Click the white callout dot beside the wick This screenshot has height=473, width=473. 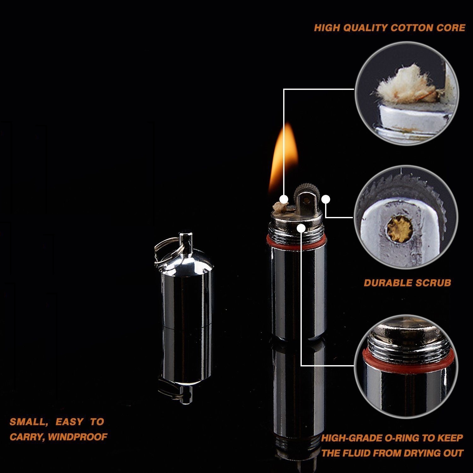pos(284,199)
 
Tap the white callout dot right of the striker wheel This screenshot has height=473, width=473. pos(326,199)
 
